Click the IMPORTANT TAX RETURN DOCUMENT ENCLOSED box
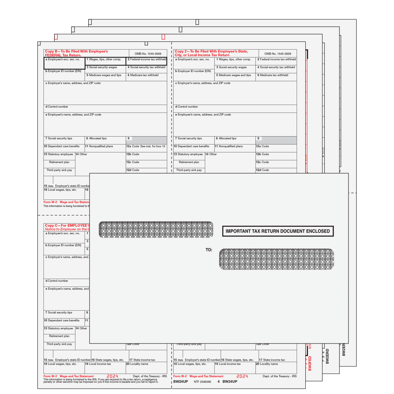278,231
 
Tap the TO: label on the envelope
209,250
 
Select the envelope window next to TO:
276,259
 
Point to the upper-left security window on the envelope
156,229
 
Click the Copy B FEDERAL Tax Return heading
76,53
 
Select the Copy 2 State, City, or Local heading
211,53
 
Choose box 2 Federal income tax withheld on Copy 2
276,60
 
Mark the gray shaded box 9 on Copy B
149,140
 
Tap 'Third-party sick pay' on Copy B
59,170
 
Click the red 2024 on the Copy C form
112,376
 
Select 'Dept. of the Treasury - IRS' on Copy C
150,376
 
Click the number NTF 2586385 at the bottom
202,382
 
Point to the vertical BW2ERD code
327,356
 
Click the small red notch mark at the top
163,37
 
